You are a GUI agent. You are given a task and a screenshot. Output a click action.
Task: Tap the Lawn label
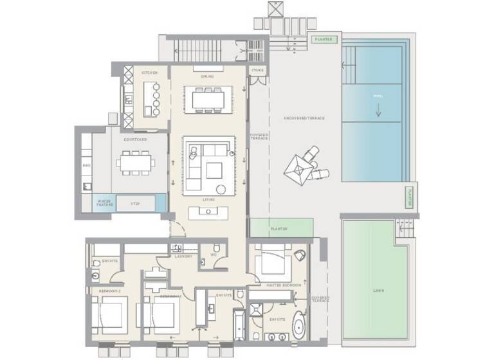click(378, 291)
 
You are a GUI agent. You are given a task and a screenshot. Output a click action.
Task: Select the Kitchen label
click(149, 73)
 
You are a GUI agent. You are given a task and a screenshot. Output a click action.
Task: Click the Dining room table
click(206, 98)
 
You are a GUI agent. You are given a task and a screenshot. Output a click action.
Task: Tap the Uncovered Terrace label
click(304, 118)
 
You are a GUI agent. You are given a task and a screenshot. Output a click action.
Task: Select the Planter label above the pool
click(324, 39)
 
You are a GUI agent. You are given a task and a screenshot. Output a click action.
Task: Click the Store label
click(257, 70)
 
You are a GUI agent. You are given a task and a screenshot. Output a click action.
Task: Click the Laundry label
click(183, 256)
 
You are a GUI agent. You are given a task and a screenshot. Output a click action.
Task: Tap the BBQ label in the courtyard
click(86, 166)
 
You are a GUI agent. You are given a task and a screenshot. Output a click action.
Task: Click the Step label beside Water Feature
click(136, 203)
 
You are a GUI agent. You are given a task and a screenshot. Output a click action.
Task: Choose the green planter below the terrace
click(280, 228)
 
